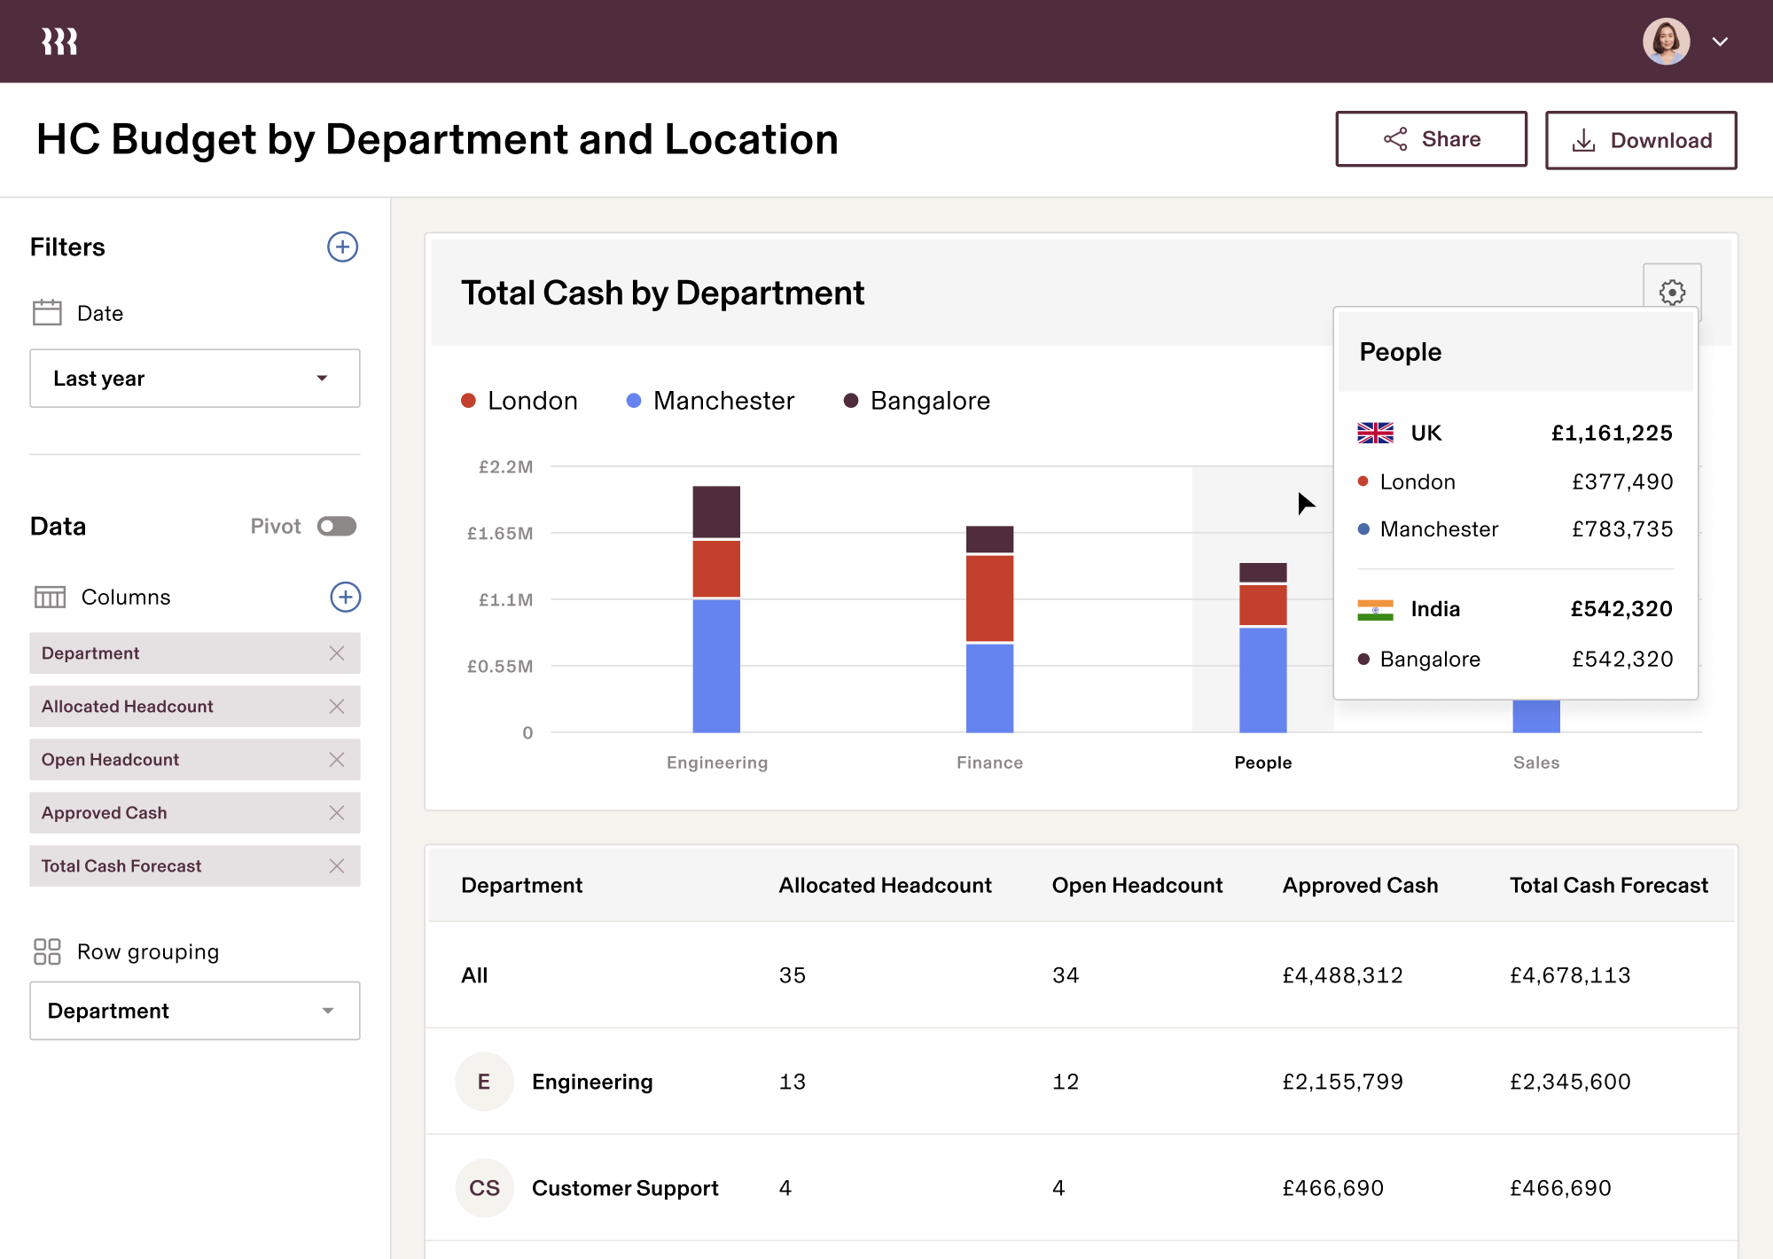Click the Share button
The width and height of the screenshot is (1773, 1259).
click(x=1431, y=139)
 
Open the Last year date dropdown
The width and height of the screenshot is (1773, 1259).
click(x=194, y=379)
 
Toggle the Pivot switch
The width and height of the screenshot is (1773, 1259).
click(x=337, y=527)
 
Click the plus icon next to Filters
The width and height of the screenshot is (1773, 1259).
click(x=342, y=246)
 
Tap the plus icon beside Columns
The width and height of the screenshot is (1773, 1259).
click(x=345, y=597)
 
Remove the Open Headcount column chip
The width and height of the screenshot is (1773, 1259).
click(x=336, y=760)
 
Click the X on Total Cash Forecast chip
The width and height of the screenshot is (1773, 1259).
click(x=336, y=866)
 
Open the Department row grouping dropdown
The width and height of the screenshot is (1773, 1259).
click(x=194, y=1011)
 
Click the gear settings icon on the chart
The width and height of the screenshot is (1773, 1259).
click(x=1672, y=292)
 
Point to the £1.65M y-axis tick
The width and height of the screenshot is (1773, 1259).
click(x=500, y=533)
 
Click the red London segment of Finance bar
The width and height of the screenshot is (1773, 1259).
click(x=989, y=598)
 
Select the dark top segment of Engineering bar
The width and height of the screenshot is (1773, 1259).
click(x=716, y=511)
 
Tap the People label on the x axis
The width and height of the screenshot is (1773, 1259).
click(x=1262, y=762)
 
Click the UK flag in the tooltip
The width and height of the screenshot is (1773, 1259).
click(x=1375, y=433)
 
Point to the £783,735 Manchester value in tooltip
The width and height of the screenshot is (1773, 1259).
click(x=1621, y=529)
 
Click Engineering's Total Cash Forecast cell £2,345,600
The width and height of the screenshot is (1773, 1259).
click(x=1570, y=1082)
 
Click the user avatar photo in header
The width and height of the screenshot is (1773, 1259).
click(x=1666, y=42)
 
